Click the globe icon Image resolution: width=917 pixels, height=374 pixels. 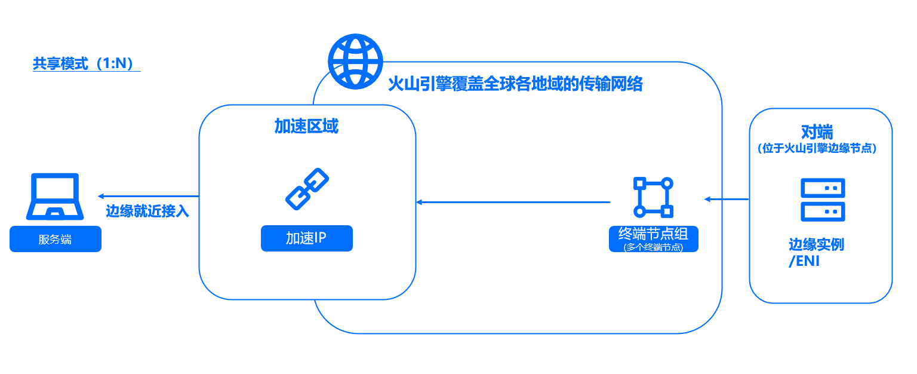click(355, 60)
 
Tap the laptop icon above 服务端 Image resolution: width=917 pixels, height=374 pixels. click(55, 197)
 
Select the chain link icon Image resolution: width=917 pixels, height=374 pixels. click(307, 189)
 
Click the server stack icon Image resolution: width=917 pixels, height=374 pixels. click(823, 200)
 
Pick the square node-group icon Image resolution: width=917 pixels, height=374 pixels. click(653, 197)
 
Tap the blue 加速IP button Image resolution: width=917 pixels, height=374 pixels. click(307, 238)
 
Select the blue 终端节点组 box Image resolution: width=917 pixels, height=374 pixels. click(654, 238)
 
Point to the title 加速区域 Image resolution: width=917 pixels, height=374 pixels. click(306, 126)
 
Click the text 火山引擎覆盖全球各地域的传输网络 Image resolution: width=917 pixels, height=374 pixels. click(515, 84)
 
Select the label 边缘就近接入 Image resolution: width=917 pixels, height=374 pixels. click(147, 211)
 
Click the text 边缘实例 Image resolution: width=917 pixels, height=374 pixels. click(816, 245)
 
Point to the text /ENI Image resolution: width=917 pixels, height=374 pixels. click(804, 262)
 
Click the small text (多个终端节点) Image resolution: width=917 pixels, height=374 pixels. click(653, 247)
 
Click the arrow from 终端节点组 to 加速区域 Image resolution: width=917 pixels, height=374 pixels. click(513, 203)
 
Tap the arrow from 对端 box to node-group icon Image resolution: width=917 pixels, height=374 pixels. click(727, 199)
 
